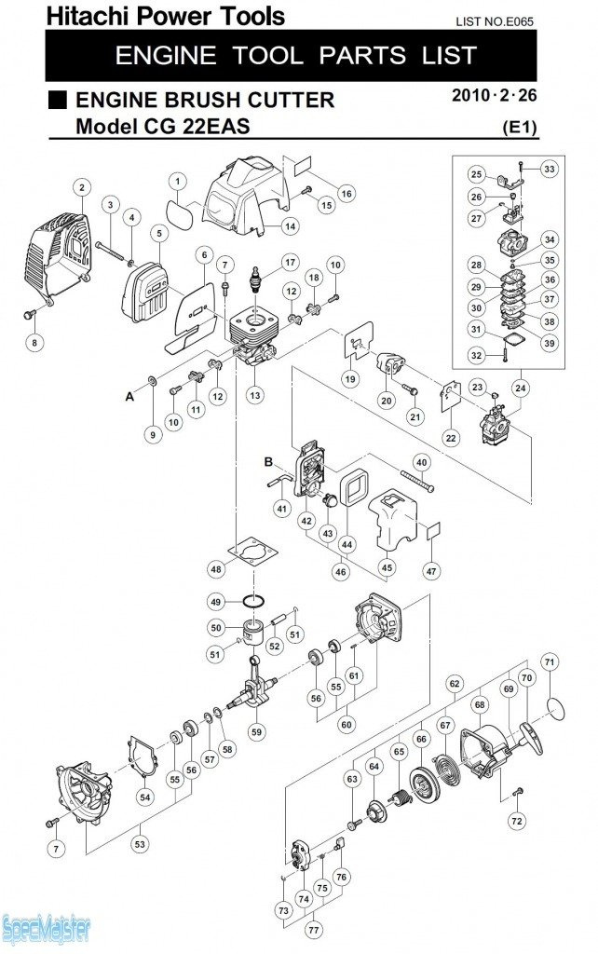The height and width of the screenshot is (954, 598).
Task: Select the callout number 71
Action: tap(550, 662)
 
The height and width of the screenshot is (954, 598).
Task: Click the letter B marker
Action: tap(268, 461)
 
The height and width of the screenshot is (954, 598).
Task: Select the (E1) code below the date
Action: tap(520, 127)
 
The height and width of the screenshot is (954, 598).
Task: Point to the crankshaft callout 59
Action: tap(255, 731)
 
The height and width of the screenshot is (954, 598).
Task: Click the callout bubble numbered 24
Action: tap(521, 387)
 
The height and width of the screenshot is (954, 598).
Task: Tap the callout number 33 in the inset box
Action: tap(549, 169)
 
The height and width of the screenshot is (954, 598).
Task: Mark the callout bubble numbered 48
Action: tap(216, 568)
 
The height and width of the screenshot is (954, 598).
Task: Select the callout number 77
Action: tap(314, 930)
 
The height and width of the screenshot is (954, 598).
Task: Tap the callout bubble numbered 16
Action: tap(346, 194)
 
